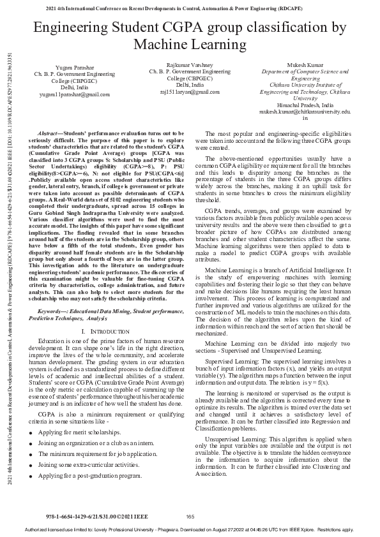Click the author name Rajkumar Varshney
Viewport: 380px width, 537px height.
190,65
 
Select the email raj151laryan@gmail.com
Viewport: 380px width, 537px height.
190,92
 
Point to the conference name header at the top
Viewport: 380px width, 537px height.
190,8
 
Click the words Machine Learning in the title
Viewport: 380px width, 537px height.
190,44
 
